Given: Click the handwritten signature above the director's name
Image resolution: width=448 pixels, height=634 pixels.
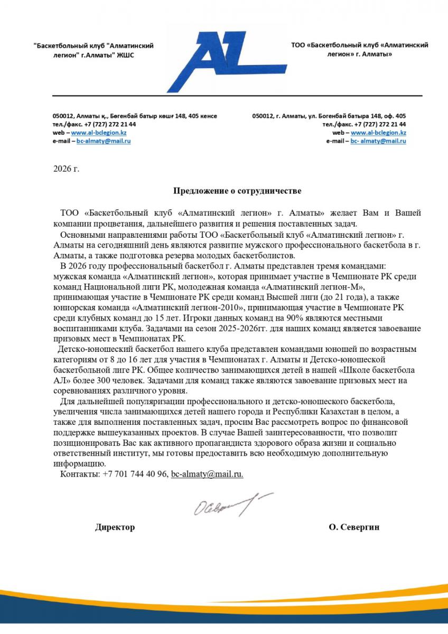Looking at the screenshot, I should [232, 505].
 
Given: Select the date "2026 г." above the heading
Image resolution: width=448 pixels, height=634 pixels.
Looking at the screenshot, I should [66, 169].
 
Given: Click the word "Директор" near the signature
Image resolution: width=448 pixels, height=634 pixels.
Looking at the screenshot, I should [115, 527].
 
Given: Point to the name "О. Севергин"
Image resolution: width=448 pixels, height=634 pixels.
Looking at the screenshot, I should [354, 527].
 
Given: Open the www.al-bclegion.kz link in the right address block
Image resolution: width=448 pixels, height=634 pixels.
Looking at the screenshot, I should [378, 133].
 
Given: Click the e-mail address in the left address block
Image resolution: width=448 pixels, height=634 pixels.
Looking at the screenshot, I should [104, 141].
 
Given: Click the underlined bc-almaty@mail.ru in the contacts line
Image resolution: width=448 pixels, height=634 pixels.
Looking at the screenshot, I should [207, 474].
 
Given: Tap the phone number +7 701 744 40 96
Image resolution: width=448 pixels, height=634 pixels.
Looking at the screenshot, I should [135, 474].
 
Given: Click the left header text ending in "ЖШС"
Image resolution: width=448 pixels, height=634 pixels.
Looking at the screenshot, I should [93, 50].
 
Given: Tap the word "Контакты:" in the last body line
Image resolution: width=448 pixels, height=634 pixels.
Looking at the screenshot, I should [80, 474].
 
